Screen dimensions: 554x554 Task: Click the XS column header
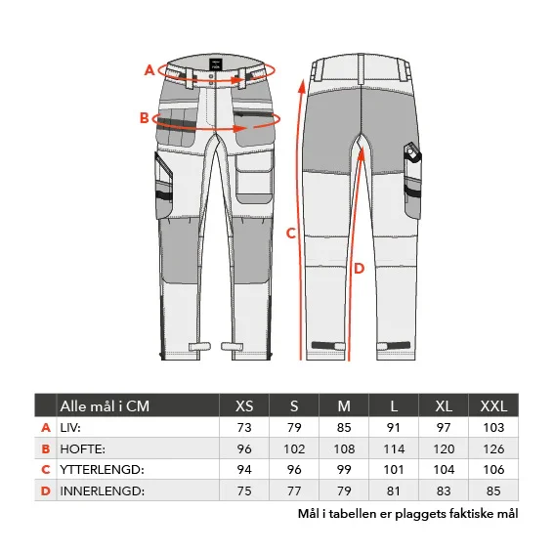click(244, 405)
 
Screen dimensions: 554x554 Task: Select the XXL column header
click(493, 405)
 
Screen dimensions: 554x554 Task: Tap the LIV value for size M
click(344, 428)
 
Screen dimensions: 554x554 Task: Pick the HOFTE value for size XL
click(444, 448)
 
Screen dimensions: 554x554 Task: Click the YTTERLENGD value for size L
click(394, 470)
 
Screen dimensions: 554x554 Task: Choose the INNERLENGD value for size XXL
click(493, 490)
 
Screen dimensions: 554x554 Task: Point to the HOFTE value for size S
click(294, 448)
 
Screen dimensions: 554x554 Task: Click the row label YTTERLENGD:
click(103, 470)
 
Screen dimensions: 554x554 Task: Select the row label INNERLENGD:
click(103, 490)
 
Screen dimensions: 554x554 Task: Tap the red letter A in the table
click(46, 428)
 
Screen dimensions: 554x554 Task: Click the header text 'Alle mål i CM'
click(105, 406)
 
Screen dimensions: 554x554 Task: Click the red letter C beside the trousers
click(290, 234)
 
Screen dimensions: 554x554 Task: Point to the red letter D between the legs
click(359, 269)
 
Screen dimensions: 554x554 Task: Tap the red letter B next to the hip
click(145, 117)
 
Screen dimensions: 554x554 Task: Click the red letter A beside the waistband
click(149, 70)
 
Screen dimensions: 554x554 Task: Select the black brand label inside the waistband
click(215, 64)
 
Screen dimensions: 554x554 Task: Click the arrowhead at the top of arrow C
click(302, 86)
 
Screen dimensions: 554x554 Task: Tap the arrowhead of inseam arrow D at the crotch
click(362, 153)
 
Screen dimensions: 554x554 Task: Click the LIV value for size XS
click(244, 428)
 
